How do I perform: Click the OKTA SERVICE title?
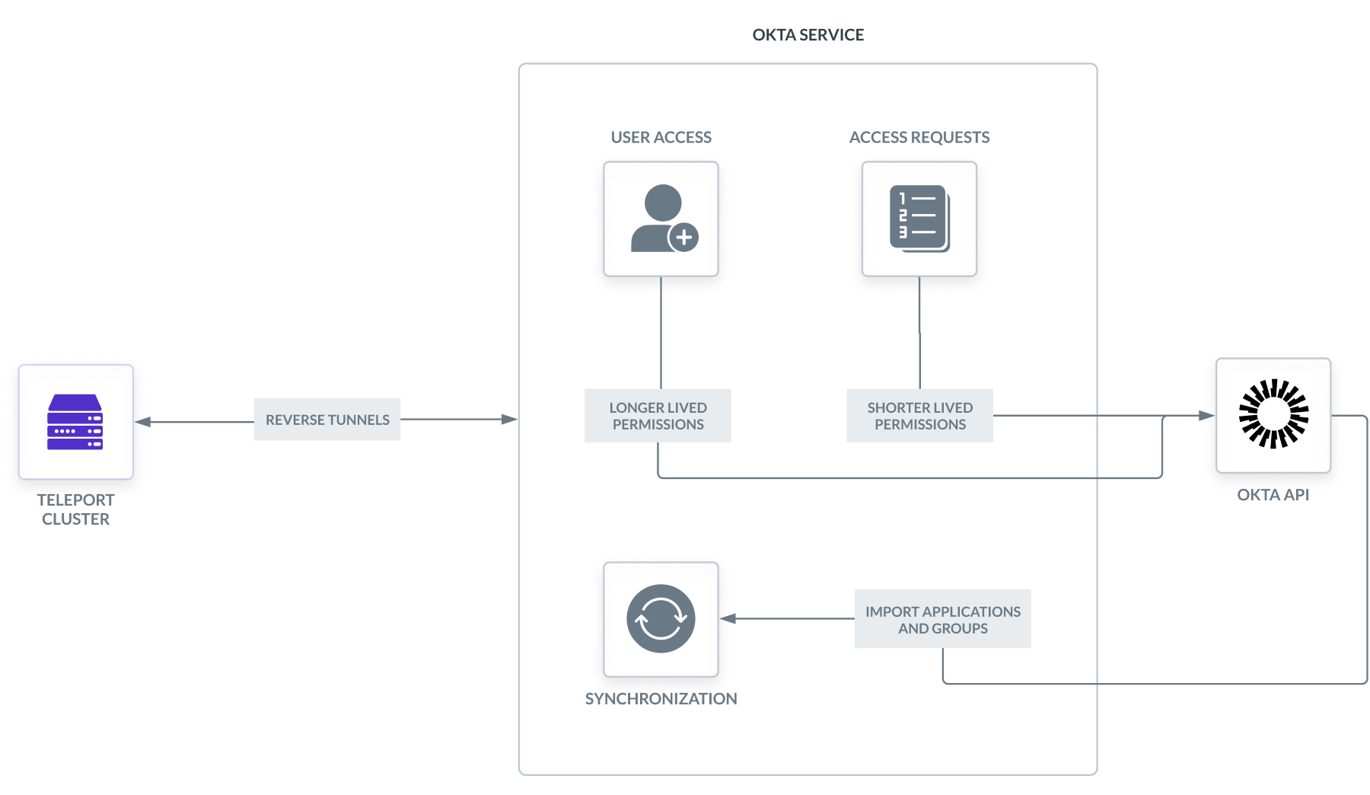tap(808, 35)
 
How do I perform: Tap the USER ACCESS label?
tap(661, 137)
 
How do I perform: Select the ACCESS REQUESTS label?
tap(919, 137)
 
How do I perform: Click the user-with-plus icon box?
tap(661, 219)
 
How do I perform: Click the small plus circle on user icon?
tap(683, 238)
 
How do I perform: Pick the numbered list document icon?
tap(919, 218)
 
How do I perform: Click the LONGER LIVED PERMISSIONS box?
tap(658, 416)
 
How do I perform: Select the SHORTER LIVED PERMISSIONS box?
tap(919, 416)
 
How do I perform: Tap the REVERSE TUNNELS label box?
tap(327, 420)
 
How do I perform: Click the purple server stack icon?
tap(75, 422)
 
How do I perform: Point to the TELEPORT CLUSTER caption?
tap(75, 509)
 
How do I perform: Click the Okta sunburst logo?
tap(1273, 413)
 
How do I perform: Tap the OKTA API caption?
tap(1273, 495)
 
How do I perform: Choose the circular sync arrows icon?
tap(661, 618)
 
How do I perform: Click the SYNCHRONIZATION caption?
tap(661, 698)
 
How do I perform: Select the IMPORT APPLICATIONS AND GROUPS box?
tap(942, 619)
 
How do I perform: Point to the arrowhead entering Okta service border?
tap(510, 419)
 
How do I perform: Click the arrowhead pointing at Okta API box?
tap(1206, 415)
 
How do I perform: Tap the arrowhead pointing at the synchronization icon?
tap(728, 618)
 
